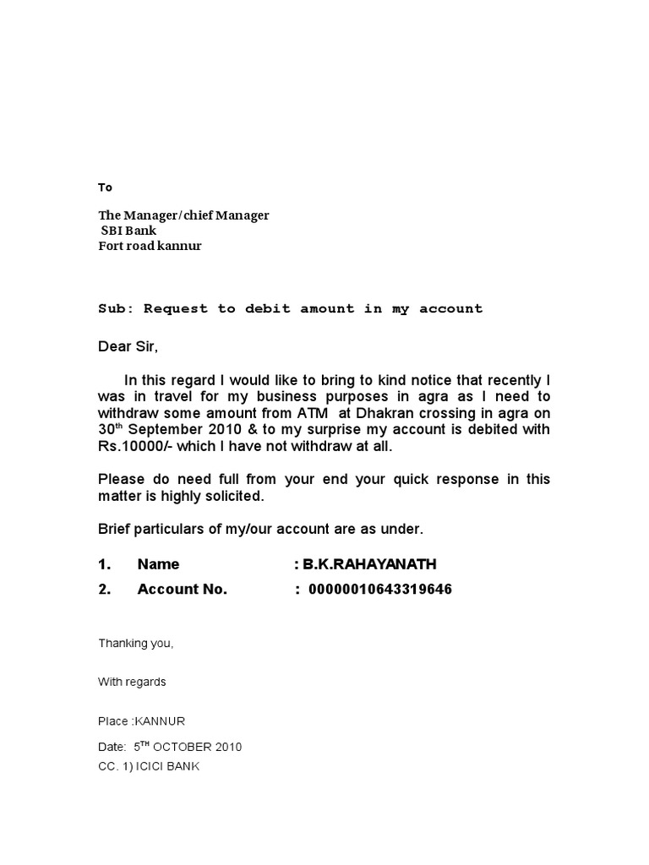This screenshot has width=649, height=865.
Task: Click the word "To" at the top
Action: pyautogui.click(x=105, y=188)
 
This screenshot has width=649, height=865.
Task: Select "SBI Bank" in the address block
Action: pyautogui.click(x=128, y=231)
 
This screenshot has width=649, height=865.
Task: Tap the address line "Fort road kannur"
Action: pyautogui.click(x=150, y=247)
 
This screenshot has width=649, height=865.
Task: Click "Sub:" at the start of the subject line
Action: pyautogui.click(x=117, y=308)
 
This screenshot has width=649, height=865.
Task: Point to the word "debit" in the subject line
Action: pyautogui.click(x=267, y=308)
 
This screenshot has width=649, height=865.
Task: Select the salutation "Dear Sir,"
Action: pyautogui.click(x=128, y=346)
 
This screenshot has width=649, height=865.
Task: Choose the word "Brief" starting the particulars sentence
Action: pyautogui.click(x=116, y=529)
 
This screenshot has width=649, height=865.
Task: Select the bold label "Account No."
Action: pyautogui.click(x=182, y=590)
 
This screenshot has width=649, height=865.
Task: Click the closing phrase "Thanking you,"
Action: pyautogui.click(x=136, y=644)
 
